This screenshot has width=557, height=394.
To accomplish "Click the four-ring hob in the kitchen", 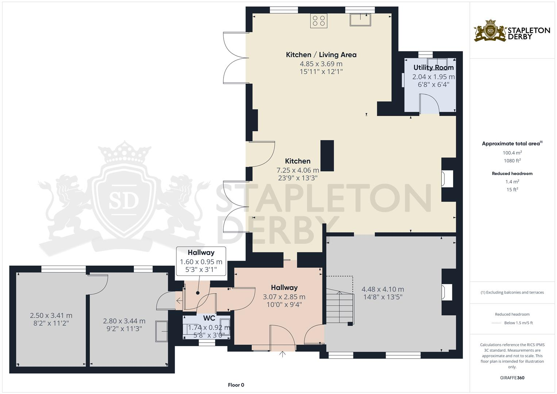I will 318,20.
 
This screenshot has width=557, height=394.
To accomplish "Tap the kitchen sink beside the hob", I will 360,19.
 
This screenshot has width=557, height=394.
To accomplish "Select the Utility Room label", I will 433,67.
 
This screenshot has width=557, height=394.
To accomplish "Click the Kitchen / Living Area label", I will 321,55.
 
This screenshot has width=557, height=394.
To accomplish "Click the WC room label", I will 209,318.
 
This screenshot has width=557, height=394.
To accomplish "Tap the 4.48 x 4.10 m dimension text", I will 383,289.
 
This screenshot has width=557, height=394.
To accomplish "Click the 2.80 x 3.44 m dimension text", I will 124,321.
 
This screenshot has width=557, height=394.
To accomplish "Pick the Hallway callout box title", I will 201,252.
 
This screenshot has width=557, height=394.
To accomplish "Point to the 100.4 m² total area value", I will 512,153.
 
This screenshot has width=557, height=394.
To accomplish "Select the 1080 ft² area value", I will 512,161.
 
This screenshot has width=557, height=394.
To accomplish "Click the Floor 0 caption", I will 236,385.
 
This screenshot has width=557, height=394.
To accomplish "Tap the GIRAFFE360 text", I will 512,378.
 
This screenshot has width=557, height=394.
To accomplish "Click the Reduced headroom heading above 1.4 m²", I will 512,174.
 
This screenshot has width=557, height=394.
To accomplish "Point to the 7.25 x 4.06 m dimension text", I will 298,170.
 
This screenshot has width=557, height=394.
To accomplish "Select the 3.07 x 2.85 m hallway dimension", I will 284,297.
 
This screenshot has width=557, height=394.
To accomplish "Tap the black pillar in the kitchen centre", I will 327,156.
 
